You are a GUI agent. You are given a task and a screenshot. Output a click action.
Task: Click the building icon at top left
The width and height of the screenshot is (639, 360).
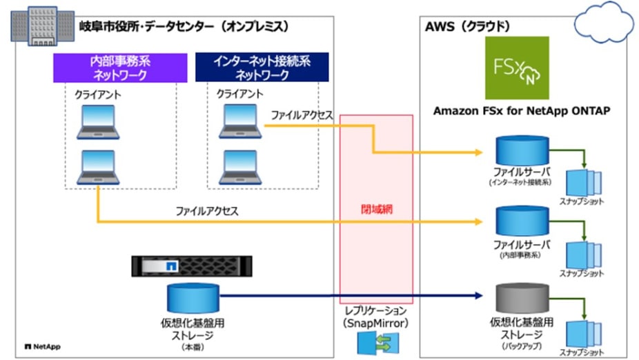click(x=41, y=26)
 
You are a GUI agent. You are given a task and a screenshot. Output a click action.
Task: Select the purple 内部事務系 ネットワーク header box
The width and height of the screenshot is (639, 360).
click(x=121, y=68)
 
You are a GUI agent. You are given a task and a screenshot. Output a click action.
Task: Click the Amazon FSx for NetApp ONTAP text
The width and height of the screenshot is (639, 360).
click(x=521, y=111)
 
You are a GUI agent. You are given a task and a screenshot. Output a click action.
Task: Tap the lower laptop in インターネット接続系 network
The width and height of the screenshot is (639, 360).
click(x=239, y=165)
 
